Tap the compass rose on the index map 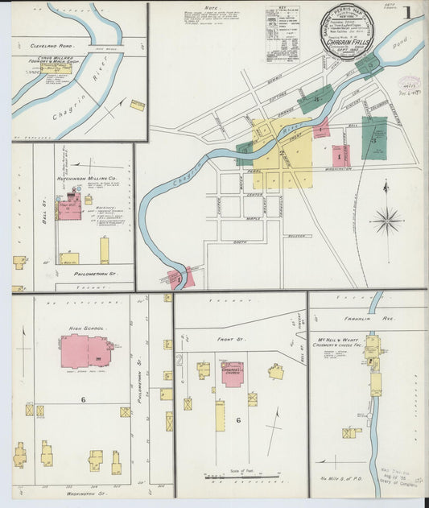(386, 218)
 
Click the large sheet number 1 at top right (409, 14)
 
